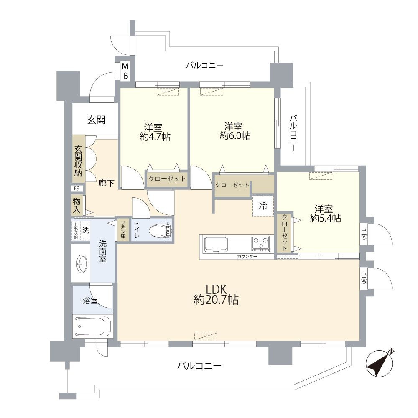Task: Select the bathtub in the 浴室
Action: (x=93, y=327)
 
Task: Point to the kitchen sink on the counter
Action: (x=215, y=244)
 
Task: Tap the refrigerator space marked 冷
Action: (x=263, y=206)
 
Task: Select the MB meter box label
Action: (x=125, y=71)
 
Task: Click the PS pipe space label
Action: (x=76, y=189)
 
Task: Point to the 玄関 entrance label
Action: (x=96, y=120)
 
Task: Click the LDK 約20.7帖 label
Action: (x=216, y=294)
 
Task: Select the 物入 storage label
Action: (x=76, y=204)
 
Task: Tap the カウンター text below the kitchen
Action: (x=247, y=256)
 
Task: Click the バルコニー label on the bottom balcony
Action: (x=199, y=366)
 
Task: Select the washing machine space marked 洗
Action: (x=85, y=230)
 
